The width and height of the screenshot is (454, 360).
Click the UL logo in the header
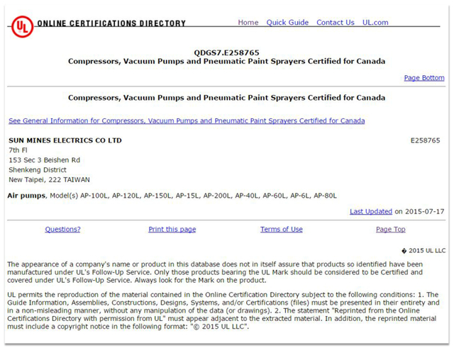[x=22, y=26]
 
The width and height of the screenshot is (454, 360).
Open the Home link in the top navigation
[x=248, y=23]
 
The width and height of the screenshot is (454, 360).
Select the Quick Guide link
[x=287, y=23]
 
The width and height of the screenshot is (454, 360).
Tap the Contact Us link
[x=335, y=23]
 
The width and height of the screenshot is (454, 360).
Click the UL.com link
[x=375, y=23]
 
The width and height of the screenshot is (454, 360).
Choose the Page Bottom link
[x=424, y=78]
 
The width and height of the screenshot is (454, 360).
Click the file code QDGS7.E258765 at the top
[x=226, y=52]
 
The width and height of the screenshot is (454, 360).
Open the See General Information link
[x=187, y=121]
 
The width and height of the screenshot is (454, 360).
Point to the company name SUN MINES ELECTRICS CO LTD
[x=65, y=140]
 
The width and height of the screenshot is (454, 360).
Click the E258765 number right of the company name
[x=425, y=140]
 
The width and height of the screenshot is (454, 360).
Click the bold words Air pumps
[x=27, y=196]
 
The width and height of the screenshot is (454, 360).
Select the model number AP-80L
[x=326, y=196]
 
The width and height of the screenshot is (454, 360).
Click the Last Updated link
[x=371, y=211]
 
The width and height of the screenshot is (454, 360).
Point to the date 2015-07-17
[x=424, y=211]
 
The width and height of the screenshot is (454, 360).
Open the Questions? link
[x=62, y=230]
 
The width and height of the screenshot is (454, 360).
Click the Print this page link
[x=172, y=230]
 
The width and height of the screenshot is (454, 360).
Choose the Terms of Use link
[x=281, y=230]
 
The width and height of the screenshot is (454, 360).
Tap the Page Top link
[x=390, y=230]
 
